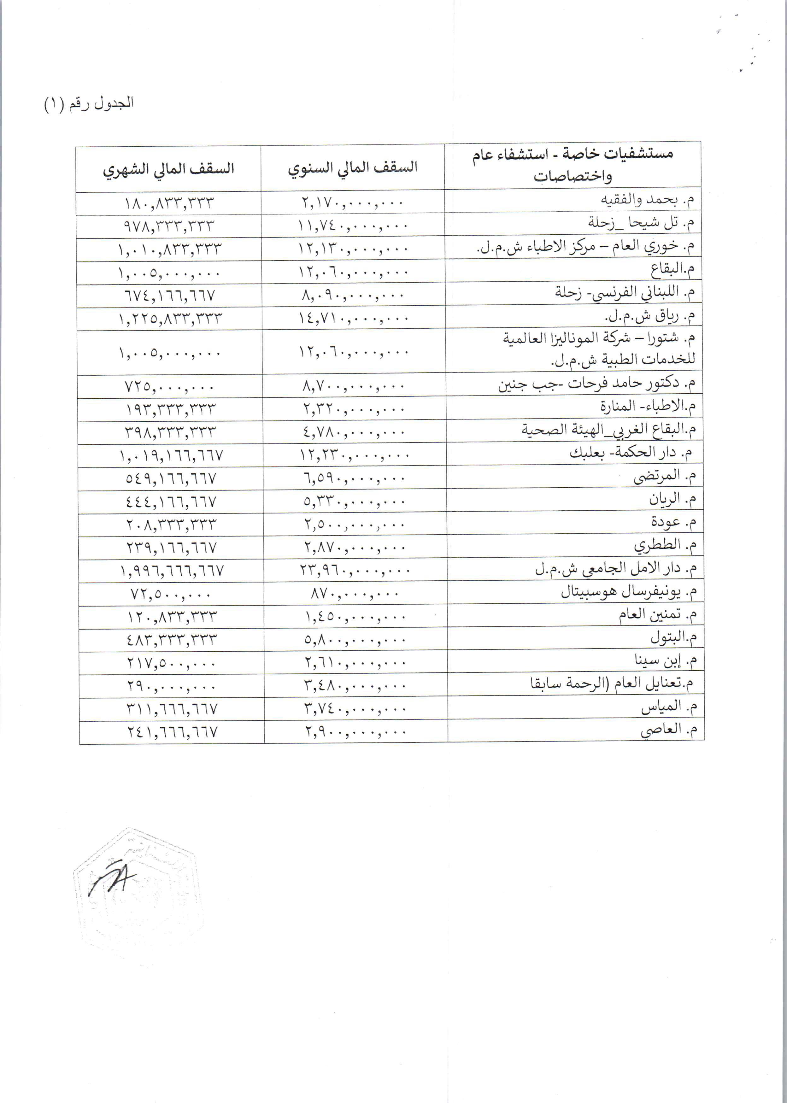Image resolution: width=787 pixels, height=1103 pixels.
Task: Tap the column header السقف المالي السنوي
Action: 353,168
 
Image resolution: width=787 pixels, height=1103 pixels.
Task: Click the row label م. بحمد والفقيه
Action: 648,200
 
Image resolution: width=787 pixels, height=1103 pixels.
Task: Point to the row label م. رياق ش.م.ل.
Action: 650,316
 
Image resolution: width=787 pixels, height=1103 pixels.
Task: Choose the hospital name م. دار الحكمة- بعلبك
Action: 630,454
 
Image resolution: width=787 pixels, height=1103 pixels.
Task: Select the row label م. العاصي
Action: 668,730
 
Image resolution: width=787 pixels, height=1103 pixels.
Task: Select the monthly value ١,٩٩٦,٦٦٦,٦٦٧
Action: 172,571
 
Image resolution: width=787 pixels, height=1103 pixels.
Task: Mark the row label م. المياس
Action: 669,707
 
